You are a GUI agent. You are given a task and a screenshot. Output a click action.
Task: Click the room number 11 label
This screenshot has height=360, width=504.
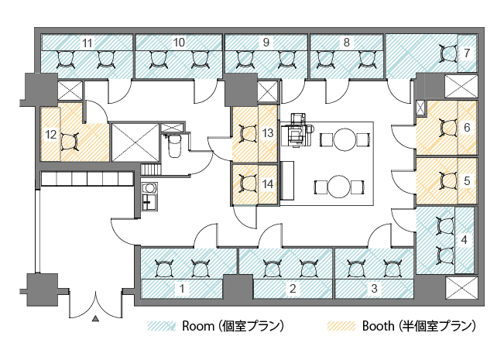pos(87,43)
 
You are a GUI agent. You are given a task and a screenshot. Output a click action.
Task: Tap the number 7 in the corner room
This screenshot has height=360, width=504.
pos(467,53)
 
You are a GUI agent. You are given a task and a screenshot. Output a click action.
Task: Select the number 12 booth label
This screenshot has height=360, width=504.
pos(51,135)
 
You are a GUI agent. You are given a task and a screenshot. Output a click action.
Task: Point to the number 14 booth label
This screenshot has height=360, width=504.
pos(268,184)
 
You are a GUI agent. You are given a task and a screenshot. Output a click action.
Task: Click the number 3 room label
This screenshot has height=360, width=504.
pos(374,288)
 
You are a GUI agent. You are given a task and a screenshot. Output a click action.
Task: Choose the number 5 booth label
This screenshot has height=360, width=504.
pos(467,180)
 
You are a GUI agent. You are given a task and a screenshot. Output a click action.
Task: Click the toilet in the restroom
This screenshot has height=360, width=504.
pos(174,146)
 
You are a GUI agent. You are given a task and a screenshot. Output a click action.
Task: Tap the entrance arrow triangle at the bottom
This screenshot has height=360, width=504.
pos(95,318)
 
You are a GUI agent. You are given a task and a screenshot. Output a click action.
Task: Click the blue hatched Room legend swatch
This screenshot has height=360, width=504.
pos(161,326)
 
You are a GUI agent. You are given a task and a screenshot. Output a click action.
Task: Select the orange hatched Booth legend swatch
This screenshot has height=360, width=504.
pos(341,326)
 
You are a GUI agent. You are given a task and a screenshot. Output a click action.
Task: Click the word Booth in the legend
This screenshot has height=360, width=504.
pos(378,326)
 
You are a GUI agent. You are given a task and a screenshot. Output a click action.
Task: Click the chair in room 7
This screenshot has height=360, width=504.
pos(448,53)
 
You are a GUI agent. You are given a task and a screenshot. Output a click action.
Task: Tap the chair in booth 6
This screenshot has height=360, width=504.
pos(448,128)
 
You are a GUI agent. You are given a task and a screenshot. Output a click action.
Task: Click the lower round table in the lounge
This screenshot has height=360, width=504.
pos(339,187)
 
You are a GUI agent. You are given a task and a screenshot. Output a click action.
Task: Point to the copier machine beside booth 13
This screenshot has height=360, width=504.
pos(297,130)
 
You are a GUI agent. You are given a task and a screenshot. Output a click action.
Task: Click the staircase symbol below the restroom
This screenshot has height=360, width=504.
pos(151,170)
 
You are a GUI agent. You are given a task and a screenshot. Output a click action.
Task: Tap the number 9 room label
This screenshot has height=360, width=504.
pos(266,43)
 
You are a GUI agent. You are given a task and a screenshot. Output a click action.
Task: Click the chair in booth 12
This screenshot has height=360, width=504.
pos(70,142)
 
